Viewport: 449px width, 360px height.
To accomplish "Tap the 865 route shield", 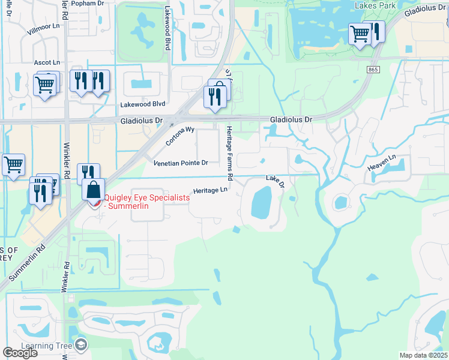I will pyautogui.click(x=373, y=70).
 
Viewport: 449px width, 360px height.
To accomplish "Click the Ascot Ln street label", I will pyautogui.click(x=47, y=62).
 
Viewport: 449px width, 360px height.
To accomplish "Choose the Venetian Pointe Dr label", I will pyautogui.click(x=181, y=163).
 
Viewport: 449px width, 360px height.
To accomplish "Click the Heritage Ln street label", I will pyautogui.click(x=210, y=191).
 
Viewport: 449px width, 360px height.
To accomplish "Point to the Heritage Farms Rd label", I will pyautogui.click(x=229, y=154).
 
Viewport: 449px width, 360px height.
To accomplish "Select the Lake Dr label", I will pyautogui.click(x=275, y=181).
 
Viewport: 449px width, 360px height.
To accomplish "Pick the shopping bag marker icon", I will pyautogui.click(x=94, y=191).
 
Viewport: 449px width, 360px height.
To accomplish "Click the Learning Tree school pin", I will pyautogui.click(x=80, y=345).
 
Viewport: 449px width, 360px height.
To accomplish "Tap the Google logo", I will pyautogui.click(x=20, y=353).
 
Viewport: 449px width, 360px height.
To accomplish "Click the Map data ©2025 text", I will pyautogui.click(x=423, y=355).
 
